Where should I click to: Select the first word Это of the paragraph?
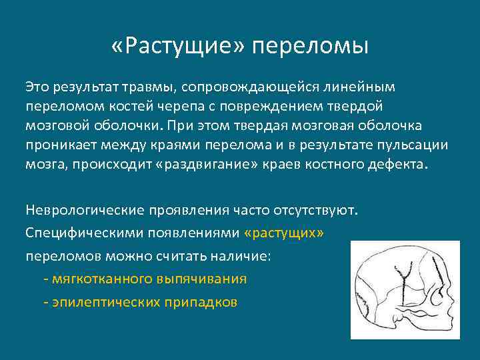pos(38,87)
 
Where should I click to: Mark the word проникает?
pos(59,145)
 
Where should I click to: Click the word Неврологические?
pos(83,211)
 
